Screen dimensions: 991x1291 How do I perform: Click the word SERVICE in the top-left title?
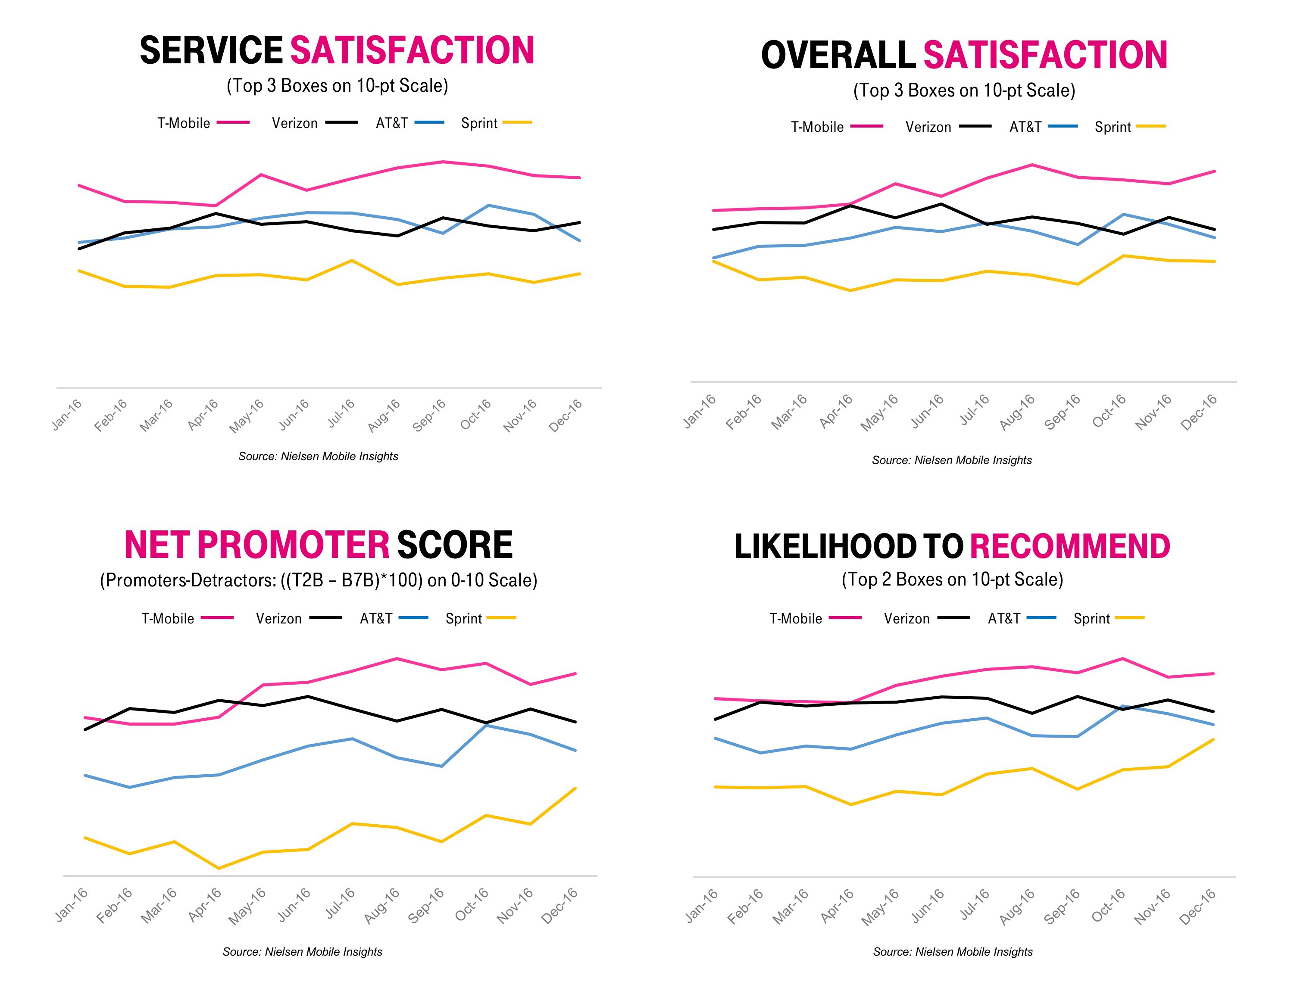click(x=211, y=51)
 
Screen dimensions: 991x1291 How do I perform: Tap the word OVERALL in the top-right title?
click(x=838, y=55)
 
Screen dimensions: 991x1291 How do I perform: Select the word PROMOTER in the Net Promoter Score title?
click(x=293, y=545)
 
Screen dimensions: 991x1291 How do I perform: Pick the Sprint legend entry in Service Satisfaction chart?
click(x=496, y=123)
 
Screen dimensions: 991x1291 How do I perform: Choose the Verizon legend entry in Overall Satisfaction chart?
click(x=947, y=127)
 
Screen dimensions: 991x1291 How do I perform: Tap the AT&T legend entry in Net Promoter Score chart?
click(x=394, y=618)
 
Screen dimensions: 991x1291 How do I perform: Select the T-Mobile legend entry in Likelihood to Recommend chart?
click(x=815, y=618)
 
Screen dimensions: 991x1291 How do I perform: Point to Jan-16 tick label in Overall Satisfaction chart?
click(x=700, y=411)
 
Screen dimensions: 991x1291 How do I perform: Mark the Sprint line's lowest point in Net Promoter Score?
click(x=219, y=868)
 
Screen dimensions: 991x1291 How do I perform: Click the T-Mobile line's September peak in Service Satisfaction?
click(x=443, y=162)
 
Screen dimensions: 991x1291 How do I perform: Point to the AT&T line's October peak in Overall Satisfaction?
click(x=1123, y=214)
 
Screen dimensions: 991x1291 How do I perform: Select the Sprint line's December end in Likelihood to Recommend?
click(x=1213, y=739)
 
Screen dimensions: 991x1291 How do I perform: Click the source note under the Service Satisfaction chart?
click(x=318, y=456)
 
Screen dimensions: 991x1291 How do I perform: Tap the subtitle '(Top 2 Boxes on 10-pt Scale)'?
click(x=952, y=579)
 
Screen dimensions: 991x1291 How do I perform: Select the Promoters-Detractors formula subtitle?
click(x=318, y=580)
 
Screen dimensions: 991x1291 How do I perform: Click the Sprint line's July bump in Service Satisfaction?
click(x=352, y=260)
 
